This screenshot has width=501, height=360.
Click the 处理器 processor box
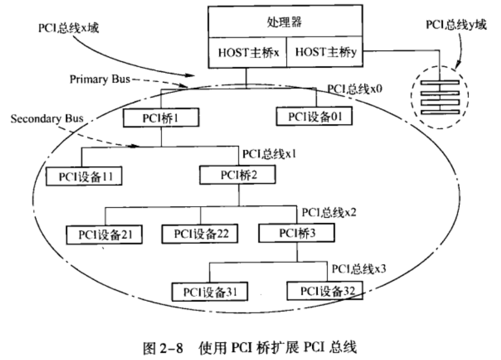click(x=287, y=22)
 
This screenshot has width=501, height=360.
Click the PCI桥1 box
click(x=161, y=117)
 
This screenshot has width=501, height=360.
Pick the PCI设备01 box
click(x=314, y=115)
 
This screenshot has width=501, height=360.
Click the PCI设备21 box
click(x=105, y=234)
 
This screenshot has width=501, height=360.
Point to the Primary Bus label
click(x=100, y=79)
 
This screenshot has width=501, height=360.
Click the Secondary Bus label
click(x=47, y=119)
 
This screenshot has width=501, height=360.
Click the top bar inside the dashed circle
click(x=439, y=84)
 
